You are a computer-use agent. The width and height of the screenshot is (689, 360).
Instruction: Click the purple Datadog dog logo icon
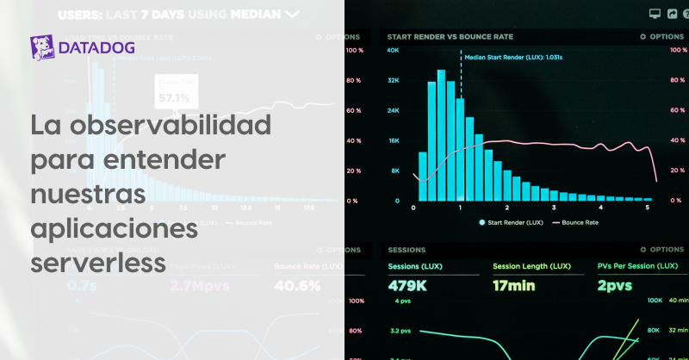click(43, 47)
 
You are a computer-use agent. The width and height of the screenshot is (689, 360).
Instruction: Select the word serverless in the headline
click(97, 259)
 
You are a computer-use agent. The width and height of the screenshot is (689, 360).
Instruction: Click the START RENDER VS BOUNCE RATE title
click(450, 37)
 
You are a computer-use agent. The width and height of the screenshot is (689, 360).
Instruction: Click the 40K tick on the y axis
click(393, 51)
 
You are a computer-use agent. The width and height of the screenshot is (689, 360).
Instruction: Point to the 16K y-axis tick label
click(393, 141)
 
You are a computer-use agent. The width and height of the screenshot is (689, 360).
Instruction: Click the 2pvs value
click(615, 285)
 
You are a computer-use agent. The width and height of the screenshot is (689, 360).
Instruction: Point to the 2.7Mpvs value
click(203, 285)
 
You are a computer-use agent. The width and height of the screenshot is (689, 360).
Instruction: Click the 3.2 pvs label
click(399, 330)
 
